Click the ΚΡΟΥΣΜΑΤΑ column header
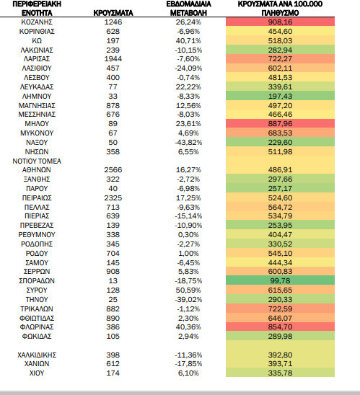tap(113, 13)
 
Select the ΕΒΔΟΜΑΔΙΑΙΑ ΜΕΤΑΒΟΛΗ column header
tap(188, 9)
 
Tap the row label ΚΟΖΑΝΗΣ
tap(37, 22)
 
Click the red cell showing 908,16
tap(280, 22)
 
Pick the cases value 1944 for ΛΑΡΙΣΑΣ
tap(113, 59)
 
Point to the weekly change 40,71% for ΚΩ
tap(188, 41)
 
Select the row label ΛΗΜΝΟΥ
tap(37, 97)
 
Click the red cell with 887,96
tap(280, 124)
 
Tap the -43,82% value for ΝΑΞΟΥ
tap(188, 143)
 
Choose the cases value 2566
tap(113, 170)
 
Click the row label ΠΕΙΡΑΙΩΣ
tap(37, 198)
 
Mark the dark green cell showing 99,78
tap(280, 280)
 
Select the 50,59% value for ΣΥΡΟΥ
tap(188, 290)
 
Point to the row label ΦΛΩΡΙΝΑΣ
tap(37, 327)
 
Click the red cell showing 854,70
tap(280, 327)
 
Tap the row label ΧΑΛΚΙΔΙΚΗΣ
tap(37, 355)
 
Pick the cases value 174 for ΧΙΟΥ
tap(113, 373)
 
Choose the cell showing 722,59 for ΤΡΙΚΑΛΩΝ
tap(280, 309)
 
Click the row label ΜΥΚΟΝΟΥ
tap(37, 133)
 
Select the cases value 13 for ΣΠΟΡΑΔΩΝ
tap(113, 281)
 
